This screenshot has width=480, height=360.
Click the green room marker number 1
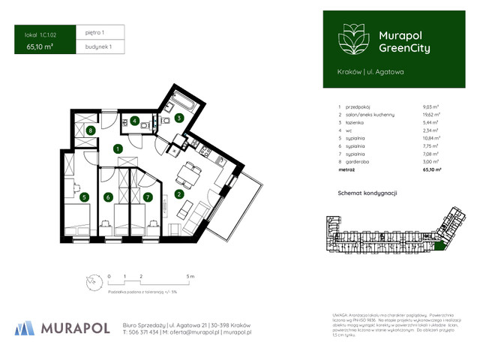118,149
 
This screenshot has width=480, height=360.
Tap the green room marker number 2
179,195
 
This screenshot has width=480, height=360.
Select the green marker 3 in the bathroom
179,118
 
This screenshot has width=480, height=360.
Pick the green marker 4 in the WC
134,121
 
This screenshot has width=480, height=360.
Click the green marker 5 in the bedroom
85,198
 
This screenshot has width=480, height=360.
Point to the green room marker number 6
109,198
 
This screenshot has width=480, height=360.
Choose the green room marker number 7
148,198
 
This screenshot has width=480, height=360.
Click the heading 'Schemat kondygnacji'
367,193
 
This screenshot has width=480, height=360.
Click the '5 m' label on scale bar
190,277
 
